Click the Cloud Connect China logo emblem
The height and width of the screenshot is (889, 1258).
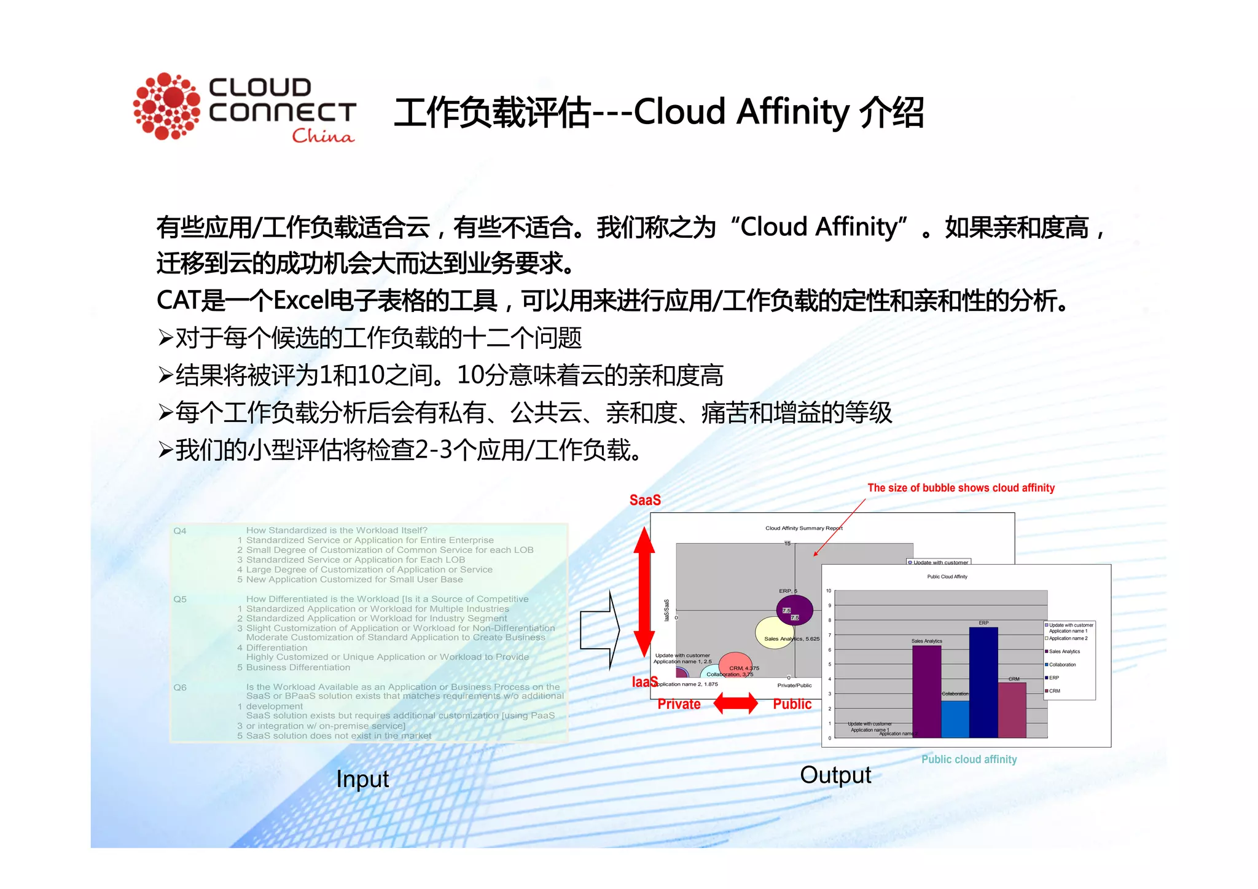click(x=166, y=106)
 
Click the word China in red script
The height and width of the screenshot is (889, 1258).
click(x=323, y=136)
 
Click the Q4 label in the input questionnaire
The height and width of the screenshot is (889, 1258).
click(x=179, y=531)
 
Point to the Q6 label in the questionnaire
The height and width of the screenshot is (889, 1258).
click(x=179, y=687)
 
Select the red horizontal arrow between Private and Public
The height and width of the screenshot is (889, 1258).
click(x=736, y=703)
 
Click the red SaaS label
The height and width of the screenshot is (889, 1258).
click(x=645, y=500)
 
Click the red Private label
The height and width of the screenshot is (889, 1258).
click(x=679, y=704)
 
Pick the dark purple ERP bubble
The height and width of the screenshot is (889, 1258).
click(x=794, y=610)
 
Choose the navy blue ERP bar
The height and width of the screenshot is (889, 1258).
click(x=983, y=682)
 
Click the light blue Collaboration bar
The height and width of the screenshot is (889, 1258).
click(x=955, y=719)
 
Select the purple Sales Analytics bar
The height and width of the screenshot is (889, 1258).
click(x=926, y=691)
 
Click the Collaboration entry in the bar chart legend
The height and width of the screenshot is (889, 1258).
click(x=1062, y=665)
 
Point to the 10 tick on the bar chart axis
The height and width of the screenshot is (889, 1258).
click(x=829, y=591)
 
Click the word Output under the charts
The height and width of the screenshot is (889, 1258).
click(x=835, y=775)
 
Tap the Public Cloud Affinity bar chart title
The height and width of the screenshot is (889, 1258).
click(x=947, y=577)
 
